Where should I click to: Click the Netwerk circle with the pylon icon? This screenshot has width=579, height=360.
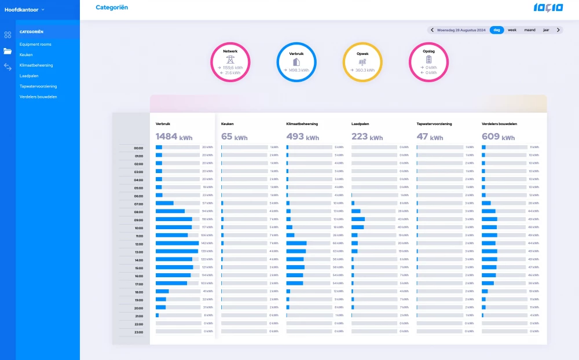[x=230, y=62]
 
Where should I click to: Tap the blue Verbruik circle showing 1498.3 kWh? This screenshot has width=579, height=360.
[x=296, y=62]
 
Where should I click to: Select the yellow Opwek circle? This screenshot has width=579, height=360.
[x=362, y=62]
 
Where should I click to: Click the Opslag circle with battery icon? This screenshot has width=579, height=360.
[x=428, y=62]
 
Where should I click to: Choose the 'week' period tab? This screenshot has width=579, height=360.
[x=512, y=30]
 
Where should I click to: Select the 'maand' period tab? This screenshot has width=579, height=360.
[x=529, y=30]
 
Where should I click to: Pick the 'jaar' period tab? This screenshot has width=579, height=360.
[x=546, y=30]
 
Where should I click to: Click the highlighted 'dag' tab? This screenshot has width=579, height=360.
[x=496, y=30]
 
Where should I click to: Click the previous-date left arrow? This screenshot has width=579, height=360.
[x=432, y=30]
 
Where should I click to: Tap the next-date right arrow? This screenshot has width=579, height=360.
[x=558, y=30]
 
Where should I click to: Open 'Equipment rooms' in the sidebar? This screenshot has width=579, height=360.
[x=35, y=44]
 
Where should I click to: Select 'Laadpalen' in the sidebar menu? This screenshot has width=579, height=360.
[x=29, y=76]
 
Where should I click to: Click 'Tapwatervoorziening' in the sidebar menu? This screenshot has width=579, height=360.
[x=38, y=86]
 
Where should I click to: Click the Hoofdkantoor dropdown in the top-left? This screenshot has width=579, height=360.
[x=24, y=10]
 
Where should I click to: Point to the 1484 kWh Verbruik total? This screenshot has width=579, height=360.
[x=174, y=137]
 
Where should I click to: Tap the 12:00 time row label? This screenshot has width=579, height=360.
[x=139, y=244]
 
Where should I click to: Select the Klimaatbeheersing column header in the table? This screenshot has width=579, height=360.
[x=302, y=124]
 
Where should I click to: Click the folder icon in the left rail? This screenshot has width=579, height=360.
[x=8, y=51]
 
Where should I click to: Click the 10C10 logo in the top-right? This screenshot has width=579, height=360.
[x=548, y=8]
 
